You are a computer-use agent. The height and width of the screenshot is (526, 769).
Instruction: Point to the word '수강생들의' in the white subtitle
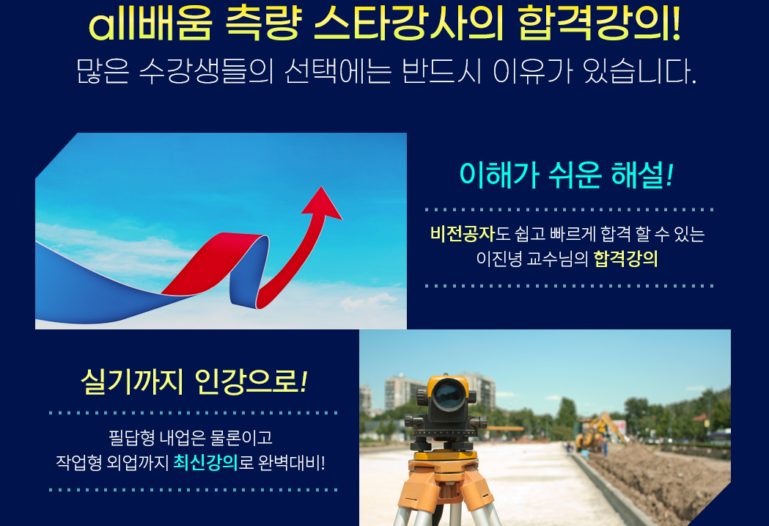[x=206, y=71]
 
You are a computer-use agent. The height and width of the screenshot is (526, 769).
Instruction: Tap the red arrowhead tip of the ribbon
[x=322, y=187]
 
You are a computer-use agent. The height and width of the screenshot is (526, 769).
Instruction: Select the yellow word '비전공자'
[x=463, y=233]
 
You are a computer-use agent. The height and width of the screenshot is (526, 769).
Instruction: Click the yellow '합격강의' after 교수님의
[x=626, y=258]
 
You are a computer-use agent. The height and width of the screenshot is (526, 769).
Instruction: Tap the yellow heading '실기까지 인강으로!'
[x=194, y=381]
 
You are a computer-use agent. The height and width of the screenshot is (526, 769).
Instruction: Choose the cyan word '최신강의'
[x=205, y=462]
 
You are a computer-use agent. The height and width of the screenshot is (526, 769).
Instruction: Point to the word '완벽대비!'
[x=291, y=462]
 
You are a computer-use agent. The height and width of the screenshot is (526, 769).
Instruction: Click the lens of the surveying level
[x=446, y=394]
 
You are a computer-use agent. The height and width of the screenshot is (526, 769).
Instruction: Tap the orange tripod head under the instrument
[x=444, y=462]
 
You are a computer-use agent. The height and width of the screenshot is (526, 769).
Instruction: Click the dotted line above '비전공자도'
[x=569, y=210]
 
